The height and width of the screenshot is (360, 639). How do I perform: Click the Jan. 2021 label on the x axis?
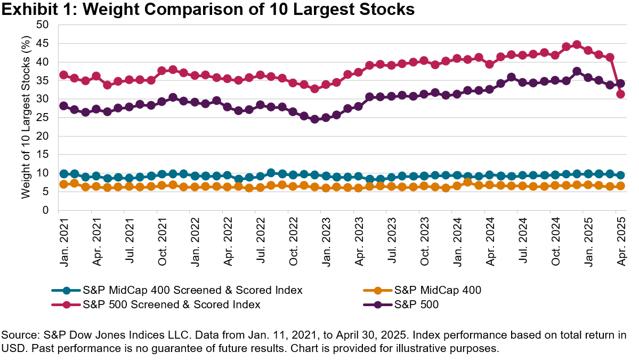tap(63, 235)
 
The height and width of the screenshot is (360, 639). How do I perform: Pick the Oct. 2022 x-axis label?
tap(293, 235)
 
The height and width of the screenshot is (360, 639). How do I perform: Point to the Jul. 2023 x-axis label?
tap(391, 235)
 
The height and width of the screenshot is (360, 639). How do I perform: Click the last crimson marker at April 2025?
tap(620, 94)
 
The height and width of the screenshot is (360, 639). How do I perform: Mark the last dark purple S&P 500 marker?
tap(620, 83)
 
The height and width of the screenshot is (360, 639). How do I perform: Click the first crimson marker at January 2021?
tap(63, 75)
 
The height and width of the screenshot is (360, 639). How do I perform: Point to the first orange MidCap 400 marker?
tap(63, 184)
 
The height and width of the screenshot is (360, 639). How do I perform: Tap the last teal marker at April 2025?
tap(620, 175)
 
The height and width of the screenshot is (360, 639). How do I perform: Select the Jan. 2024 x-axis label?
tap(457, 235)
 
